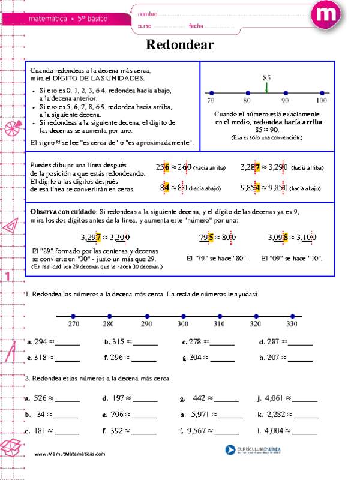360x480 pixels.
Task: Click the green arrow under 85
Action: [266, 88]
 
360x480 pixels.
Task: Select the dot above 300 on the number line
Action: [182, 316]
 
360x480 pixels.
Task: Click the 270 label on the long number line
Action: [73, 325]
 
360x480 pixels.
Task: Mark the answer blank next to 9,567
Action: [229, 431]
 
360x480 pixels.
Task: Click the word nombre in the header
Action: [148, 13]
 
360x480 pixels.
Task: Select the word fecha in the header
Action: [196, 25]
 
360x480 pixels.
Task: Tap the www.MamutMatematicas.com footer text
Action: [70, 454]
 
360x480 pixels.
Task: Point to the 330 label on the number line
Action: [292, 325]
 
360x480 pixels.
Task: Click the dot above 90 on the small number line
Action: [285, 93]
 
